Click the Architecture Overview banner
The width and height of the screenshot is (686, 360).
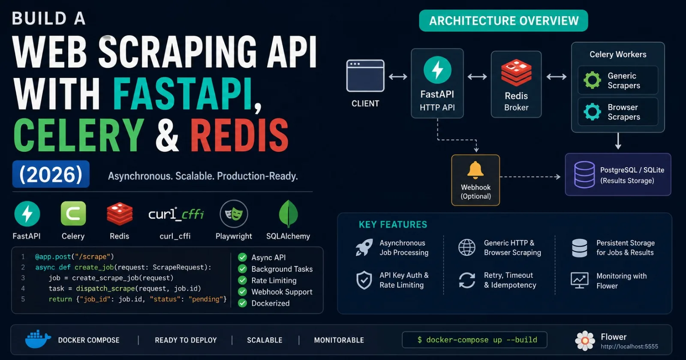(x=503, y=21)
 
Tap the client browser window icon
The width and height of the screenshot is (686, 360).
(x=365, y=75)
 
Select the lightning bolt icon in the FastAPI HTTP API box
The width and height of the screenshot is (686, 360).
(x=437, y=70)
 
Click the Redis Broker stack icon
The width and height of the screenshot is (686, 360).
(x=516, y=72)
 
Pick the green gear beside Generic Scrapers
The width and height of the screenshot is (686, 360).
(x=592, y=80)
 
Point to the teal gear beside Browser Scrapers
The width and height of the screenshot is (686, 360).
(x=592, y=111)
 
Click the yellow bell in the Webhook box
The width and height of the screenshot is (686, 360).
(x=475, y=170)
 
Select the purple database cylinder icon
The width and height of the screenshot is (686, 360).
(x=584, y=174)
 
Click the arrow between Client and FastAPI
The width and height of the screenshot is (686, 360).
(x=398, y=77)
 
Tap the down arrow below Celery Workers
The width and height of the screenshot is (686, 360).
(x=618, y=141)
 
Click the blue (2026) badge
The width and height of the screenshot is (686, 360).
(x=51, y=174)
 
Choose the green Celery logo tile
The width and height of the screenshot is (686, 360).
(x=73, y=213)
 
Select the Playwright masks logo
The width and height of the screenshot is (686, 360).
(x=234, y=214)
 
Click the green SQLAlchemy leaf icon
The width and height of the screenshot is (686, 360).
(x=288, y=214)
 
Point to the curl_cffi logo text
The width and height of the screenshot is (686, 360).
(x=176, y=214)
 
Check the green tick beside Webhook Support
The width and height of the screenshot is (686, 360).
(x=242, y=292)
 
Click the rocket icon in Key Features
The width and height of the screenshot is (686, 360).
(x=364, y=247)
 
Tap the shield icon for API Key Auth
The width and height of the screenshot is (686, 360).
(x=364, y=280)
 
